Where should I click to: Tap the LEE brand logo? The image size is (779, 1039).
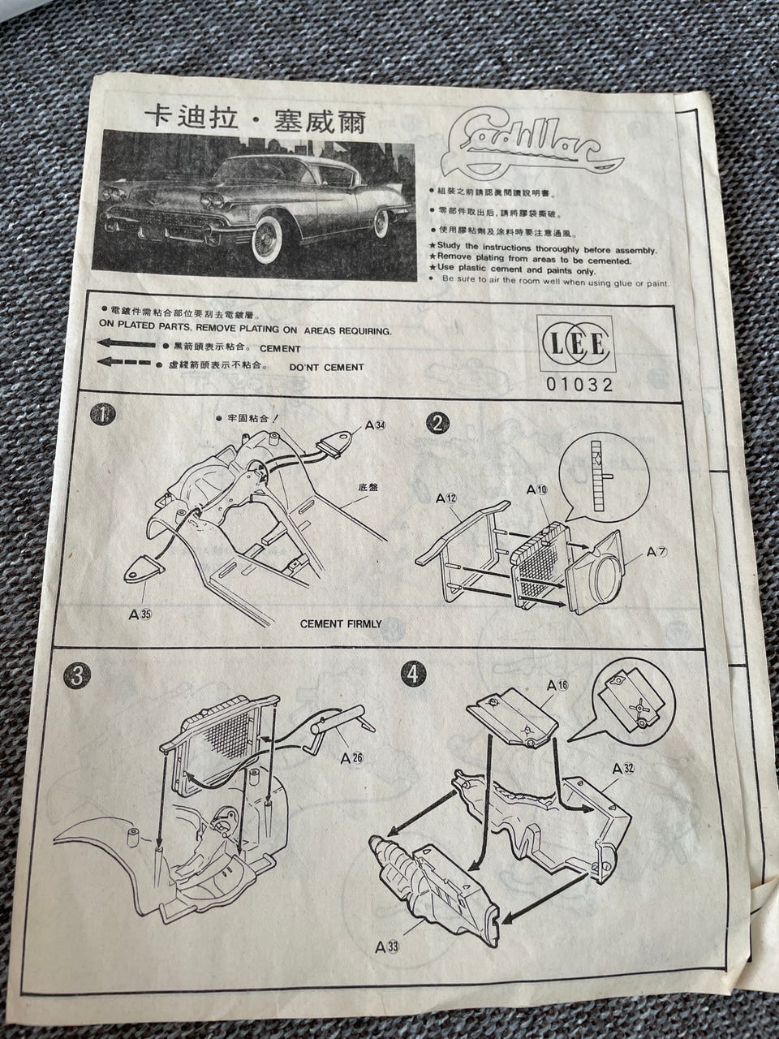click(576, 343)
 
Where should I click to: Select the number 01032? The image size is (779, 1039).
click(577, 385)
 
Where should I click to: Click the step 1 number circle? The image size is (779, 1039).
click(103, 415)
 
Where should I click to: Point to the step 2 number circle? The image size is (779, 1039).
click(439, 423)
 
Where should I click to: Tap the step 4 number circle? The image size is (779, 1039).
click(414, 674)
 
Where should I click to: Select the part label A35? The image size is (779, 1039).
click(140, 614)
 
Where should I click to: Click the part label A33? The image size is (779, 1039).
click(387, 946)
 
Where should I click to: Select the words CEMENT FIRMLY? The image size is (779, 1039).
click(341, 624)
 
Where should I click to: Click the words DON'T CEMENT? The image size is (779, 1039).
click(326, 367)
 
